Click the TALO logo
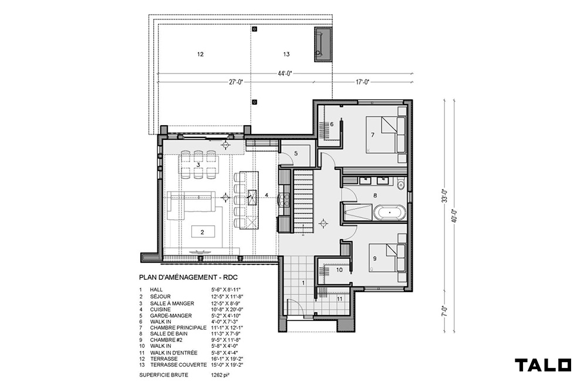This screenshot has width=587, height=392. [543, 365]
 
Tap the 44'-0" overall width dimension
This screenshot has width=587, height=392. [285, 73]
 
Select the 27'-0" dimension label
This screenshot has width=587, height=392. [236, 82]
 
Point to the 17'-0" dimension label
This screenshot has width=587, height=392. [362, 82]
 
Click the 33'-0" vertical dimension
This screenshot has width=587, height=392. [445, 195]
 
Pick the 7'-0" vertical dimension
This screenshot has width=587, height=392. [445, 311]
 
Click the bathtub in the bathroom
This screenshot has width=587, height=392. [390, 213]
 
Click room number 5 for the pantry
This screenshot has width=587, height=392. [296, 153]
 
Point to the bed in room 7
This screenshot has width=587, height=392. [386, 135]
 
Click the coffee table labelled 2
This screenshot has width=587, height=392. [203, 232]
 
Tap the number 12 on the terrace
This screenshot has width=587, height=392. [200, 54]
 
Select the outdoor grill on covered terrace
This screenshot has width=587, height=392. [323, 44]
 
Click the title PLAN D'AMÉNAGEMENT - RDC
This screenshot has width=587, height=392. [188, 278]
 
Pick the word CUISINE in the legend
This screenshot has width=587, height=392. [160, 310]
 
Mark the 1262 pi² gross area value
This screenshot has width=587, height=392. [220, 375]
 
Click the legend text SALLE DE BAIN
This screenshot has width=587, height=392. [169, 334]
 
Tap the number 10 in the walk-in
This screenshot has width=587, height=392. [339, 270]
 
